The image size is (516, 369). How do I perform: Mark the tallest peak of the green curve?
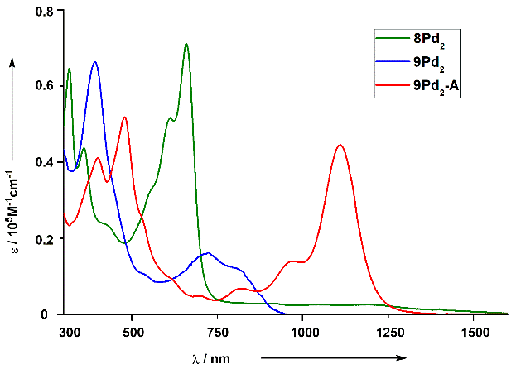click(186, 44)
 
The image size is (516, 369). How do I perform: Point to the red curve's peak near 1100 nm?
click(340, 146)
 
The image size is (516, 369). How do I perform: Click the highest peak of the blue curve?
click(95, 62)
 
